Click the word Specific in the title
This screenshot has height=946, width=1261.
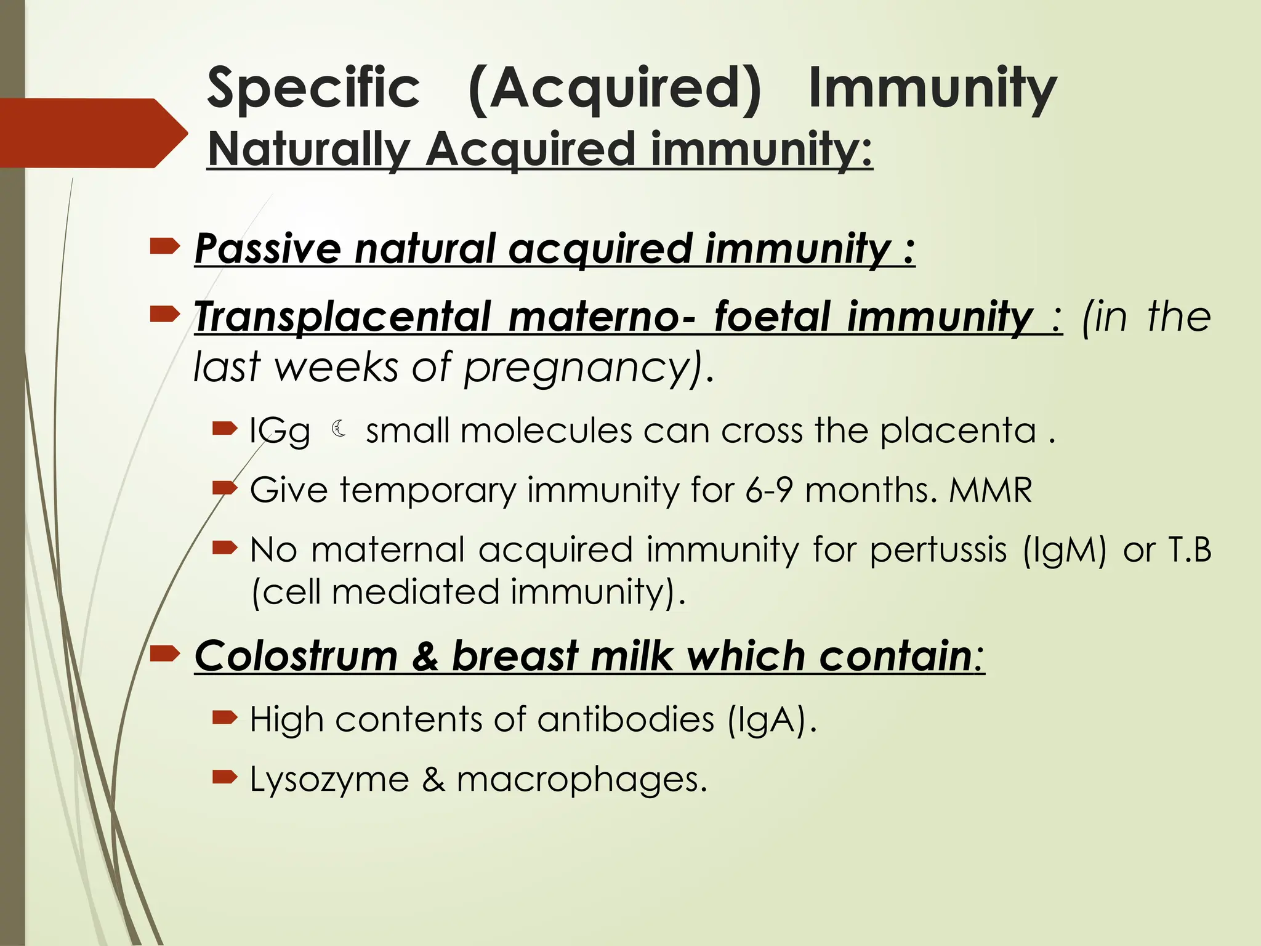pyautogui.click(x=313, y=88)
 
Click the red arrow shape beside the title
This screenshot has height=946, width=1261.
pyautogui.click(x=92, y=133)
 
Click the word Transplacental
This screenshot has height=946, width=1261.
pyautogui.click(x=343, y=317)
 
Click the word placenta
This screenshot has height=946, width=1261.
pyautogui.click(x=957, y=431)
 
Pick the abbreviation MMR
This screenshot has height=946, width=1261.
pyautogui.click(x=990, y=490)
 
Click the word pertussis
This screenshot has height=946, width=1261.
pyautogui.click(x=938, y=549)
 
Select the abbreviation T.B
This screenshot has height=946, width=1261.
pyautogui.click(x=1189, y=549)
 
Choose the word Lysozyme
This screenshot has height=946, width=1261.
pyautogui.click(x=329, y=780)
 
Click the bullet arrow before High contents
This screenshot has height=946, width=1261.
pyautogui.click(x=224, y=717)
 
